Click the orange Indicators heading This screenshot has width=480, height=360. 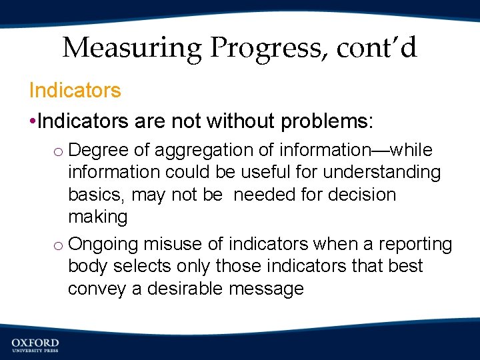(75, 91)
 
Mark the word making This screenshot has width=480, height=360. (97, 217)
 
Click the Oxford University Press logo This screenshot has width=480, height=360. (35, 345)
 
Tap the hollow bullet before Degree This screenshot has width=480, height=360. (58, 151)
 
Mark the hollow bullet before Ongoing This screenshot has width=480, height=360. (58, 245)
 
